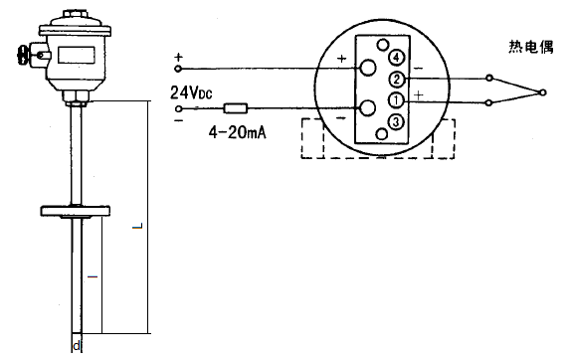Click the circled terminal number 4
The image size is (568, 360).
click(x=396, y=56)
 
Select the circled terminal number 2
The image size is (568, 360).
click(x=396, y=79)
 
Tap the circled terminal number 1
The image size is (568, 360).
click(x=396, y=100)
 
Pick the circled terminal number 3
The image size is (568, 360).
click(x=396, y=121)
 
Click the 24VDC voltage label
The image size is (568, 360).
click(x=192, y=93)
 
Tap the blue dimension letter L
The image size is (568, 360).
click(x=136, y=230)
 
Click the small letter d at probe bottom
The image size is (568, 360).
click(x=77, y=347)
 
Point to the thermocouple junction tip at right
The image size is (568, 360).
click(x=542, y=90)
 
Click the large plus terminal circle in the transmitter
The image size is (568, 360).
click(x=369, y=68)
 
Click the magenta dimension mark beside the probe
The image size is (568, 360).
click(x=94, y=273)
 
